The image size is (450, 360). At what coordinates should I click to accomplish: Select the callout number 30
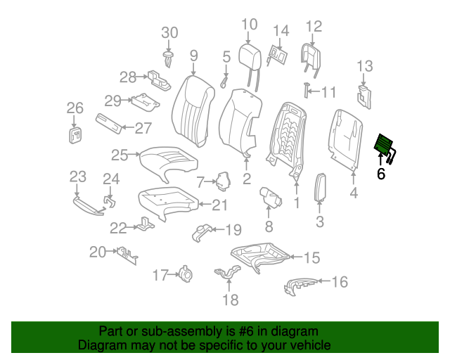click(x=170, y=32)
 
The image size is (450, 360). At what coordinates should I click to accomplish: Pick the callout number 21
click(x=220, y=205)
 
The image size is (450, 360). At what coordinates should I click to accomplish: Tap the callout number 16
click(x=340, y=282)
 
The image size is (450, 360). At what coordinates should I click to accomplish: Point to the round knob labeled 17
click(x=186, y=274)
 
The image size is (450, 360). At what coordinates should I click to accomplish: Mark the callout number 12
click(x=314, y=27)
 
